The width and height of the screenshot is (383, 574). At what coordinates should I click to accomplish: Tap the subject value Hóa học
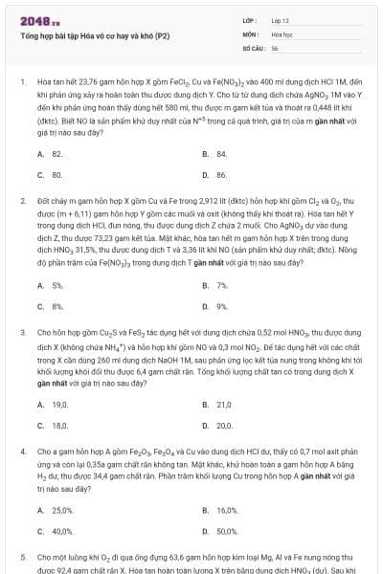pos(282,33)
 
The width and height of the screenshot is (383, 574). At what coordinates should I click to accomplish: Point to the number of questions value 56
pos(275,47)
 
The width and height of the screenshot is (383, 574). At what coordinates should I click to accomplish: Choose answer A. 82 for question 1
pos(51,153)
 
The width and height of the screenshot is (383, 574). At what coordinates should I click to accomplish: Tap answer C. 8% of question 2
pos(51,306)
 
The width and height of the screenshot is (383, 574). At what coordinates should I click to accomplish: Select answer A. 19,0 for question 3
pos(54,404)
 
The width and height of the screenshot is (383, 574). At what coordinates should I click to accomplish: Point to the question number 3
pos(22,330)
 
